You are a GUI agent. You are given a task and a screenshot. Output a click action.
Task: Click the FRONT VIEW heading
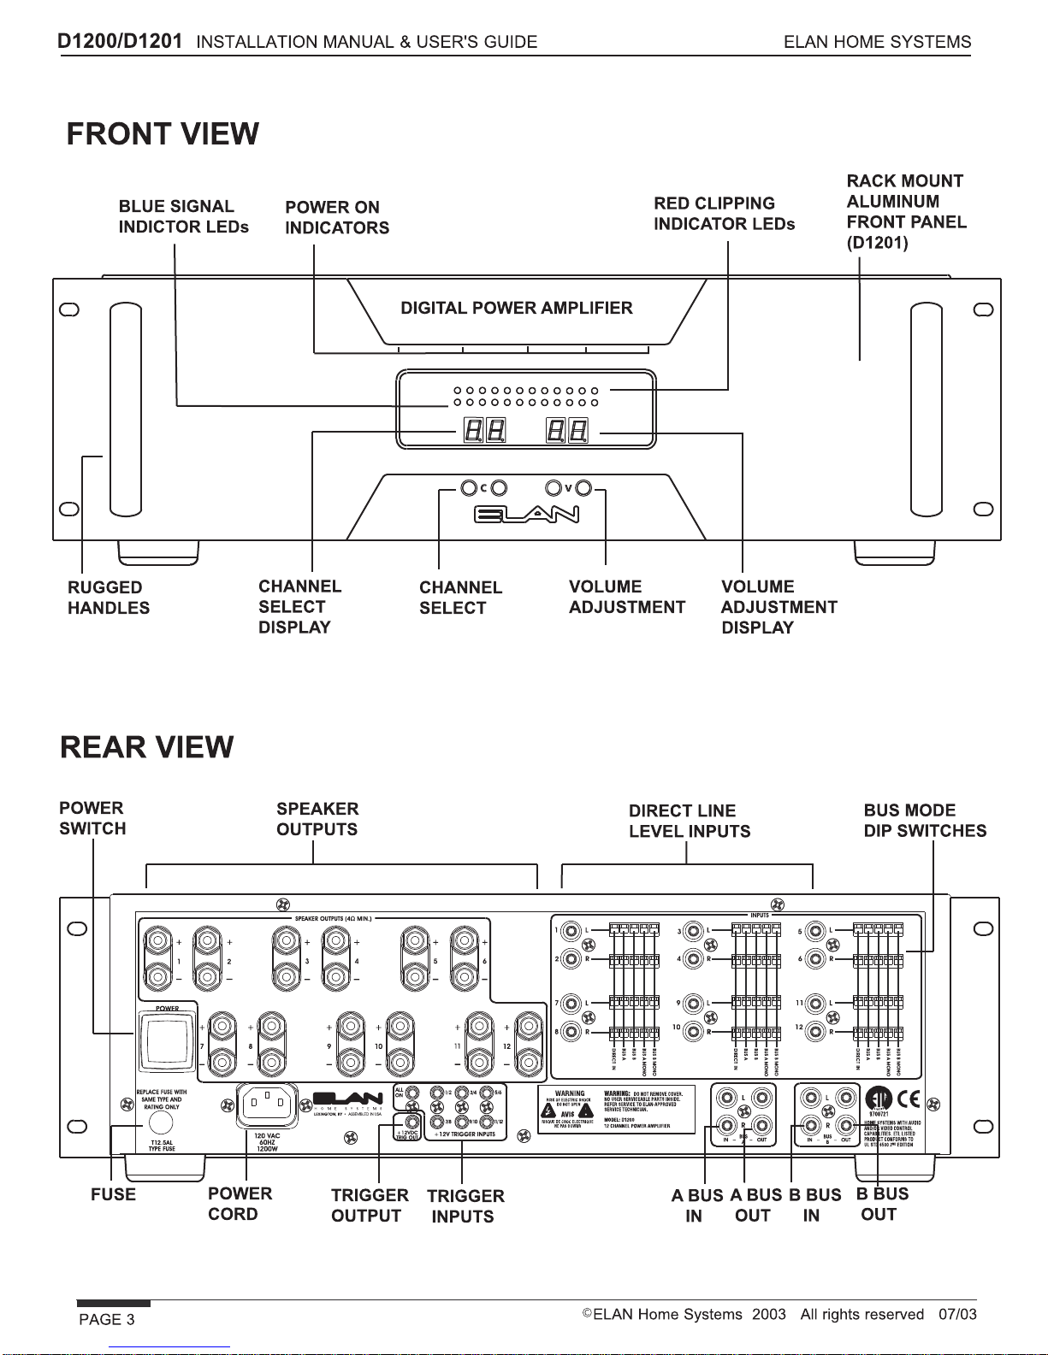[x=163, y=134]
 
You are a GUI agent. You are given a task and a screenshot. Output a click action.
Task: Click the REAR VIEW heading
[x=146, y=746]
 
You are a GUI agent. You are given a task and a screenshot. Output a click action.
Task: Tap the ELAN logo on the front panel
[x=526, y=514]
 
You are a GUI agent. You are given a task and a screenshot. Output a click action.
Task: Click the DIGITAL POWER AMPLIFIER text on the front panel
[x=517, y=308]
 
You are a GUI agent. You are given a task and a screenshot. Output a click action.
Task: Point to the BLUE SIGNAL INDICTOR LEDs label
[x=183, y=216]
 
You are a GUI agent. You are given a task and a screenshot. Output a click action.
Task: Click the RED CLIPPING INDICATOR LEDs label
[x=724, y=214]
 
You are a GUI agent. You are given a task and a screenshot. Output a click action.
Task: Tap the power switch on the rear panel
[x=168, y=1038]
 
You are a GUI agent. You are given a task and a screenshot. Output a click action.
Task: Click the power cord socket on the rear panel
[x=266, y=1106]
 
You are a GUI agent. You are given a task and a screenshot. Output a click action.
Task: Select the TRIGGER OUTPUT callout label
[x=369, y=1205]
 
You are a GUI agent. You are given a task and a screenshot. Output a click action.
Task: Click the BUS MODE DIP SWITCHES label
[x=924, y=820]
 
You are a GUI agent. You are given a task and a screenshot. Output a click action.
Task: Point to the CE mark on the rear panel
[x=909, y=1099]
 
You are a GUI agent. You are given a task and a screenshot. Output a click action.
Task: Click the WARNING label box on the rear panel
[x=616, y=1110]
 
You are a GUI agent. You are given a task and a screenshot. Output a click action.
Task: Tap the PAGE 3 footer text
[x=107, y=1319]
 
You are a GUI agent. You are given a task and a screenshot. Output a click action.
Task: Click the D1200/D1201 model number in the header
[x=120, y=40]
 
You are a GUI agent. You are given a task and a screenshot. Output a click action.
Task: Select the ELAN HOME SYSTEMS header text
[x=877, y=42]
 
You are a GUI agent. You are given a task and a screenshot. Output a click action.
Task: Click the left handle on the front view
[x=126, y=409]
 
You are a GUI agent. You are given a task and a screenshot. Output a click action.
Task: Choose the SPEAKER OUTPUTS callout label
[x=317, y=819]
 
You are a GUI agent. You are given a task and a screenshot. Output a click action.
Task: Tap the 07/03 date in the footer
[x=956, y=1314]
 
